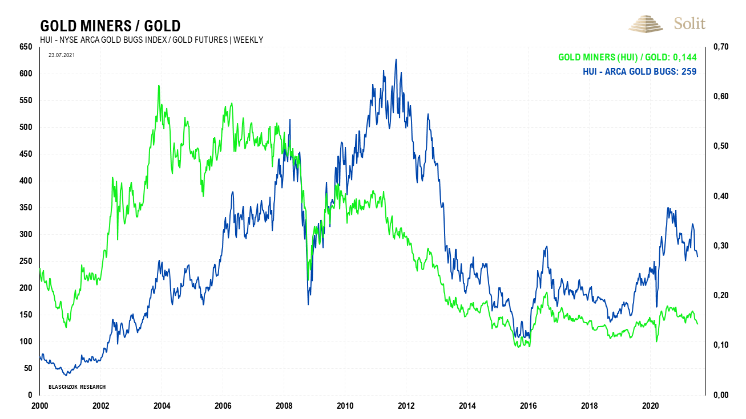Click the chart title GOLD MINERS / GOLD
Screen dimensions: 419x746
[110, 26]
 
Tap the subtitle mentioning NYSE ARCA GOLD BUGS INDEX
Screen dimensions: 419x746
[151, 39]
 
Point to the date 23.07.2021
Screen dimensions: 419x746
[61, 55]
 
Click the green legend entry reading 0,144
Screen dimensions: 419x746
[627, 58]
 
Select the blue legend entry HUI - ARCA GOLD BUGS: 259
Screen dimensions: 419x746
[639, 71]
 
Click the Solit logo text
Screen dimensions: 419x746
[689, 23]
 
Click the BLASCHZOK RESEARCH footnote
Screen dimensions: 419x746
[77, 387]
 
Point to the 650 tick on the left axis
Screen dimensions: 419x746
[26, 47]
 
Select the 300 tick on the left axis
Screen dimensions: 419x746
[26, 234]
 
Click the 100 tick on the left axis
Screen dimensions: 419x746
[26, 341]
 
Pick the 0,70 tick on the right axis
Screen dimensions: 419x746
[720, 47]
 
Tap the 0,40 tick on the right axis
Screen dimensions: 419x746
[720, 196]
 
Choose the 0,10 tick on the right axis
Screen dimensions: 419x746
[720, 345]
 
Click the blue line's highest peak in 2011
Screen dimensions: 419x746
[396, 59]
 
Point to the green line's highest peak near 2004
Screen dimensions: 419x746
[159, 86]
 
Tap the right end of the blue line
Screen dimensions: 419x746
[697, 257]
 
